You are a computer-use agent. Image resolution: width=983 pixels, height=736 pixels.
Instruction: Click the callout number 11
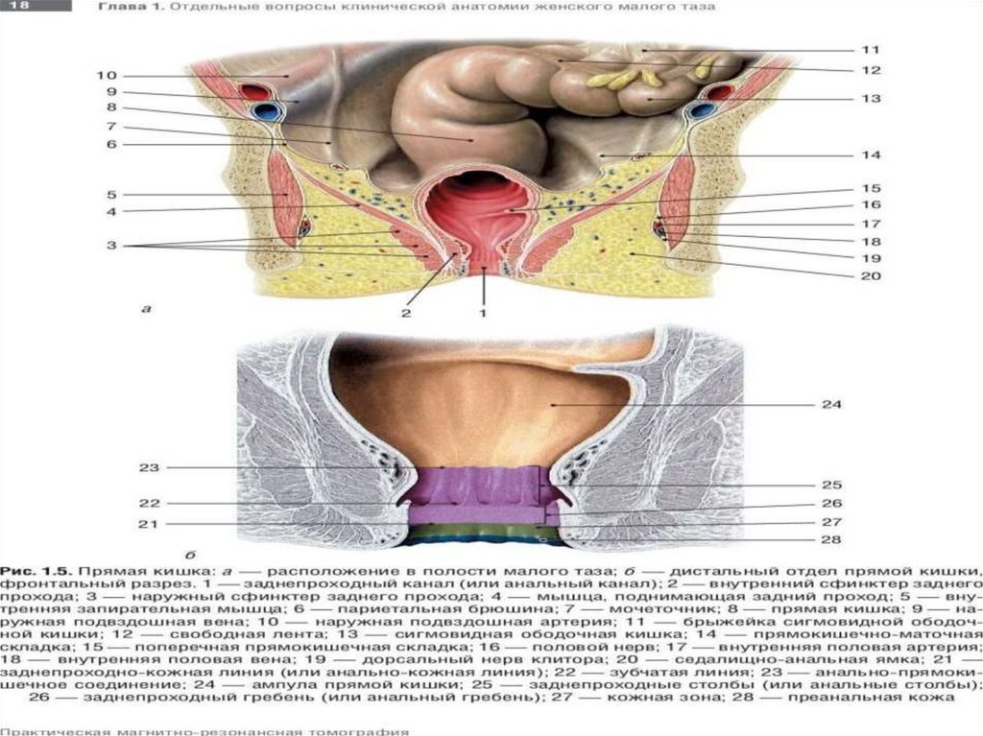(x=870, y=49)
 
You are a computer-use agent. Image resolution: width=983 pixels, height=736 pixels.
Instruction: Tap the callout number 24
(x=831, y=405)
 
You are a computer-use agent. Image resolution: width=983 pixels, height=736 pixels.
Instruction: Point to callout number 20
(x=870, y=275)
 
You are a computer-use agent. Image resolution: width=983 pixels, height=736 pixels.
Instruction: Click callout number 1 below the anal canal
(x=484, y=312)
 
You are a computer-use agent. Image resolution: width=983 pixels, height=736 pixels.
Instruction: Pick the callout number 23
(x=147, y=468)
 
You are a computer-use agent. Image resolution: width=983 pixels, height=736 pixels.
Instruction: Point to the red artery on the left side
(x=255, y=93)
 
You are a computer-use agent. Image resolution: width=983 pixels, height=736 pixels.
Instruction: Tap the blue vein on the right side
(x=706, y=109)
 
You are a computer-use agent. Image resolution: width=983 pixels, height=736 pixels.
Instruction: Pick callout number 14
(x=870, y=154)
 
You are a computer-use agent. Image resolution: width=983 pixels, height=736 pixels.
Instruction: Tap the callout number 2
(x=406, y=312)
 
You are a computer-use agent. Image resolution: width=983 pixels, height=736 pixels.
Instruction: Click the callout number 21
(x=147, y=524)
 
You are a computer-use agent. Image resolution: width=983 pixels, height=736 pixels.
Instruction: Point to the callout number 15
(x=870, y=189)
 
